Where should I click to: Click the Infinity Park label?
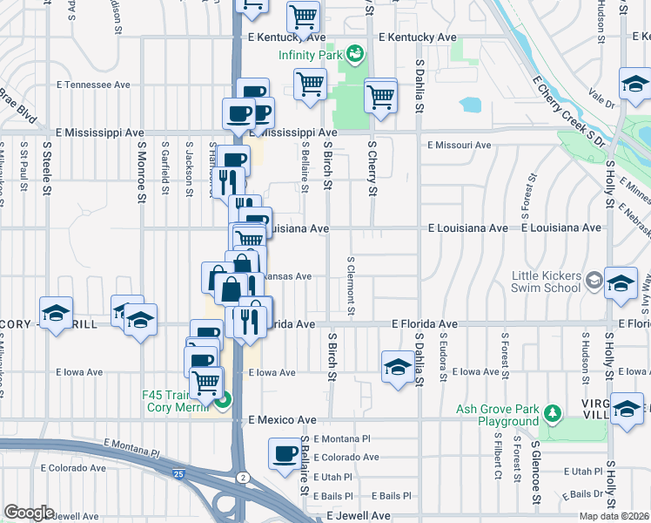tap(309, 55)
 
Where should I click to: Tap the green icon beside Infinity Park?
tap(354, 55)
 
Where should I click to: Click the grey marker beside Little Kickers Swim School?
tap(594, 281)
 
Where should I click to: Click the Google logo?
tap(29, 513)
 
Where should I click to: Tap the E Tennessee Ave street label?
tap(93, 85)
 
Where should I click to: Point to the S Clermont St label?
tap(351, 285)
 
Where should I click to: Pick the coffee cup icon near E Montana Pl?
tap(285, 454)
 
